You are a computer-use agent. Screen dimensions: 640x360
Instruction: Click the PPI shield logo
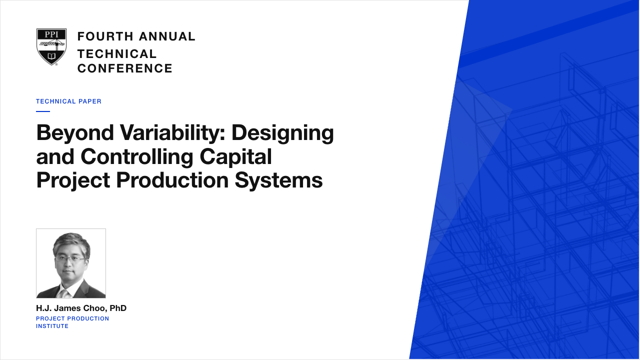pos(51,47)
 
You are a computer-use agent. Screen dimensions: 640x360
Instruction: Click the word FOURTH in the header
pos(105,36)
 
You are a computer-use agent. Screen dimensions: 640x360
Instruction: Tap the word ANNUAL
pos(167,36)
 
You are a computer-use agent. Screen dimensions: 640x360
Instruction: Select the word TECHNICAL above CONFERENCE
pos(117,54)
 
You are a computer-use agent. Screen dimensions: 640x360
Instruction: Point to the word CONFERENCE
pos(125,68)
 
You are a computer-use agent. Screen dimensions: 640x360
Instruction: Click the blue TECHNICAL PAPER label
pos(68,101)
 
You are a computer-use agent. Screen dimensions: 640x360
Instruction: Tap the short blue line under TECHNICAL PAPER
pos(43,111)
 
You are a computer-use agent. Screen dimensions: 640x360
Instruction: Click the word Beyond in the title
pos(75,133)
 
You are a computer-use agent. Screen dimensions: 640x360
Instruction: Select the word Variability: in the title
pos(173,133)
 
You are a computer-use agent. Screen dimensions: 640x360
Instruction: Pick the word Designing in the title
pos(282,133)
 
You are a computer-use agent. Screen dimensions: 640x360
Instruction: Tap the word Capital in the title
pos(235,157)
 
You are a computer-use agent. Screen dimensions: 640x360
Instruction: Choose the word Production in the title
pos(172,180)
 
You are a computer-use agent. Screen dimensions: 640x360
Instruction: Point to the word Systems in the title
pos(279,181)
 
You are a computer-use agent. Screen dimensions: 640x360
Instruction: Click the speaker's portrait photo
pos(71,263)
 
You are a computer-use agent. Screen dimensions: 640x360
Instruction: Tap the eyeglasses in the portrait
pos(70,259)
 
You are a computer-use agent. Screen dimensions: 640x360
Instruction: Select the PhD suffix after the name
pos(118,308)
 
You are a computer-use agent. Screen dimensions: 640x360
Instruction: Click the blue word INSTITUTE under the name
pos(52,326)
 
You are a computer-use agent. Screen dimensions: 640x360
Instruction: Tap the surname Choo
pos(97,308)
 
